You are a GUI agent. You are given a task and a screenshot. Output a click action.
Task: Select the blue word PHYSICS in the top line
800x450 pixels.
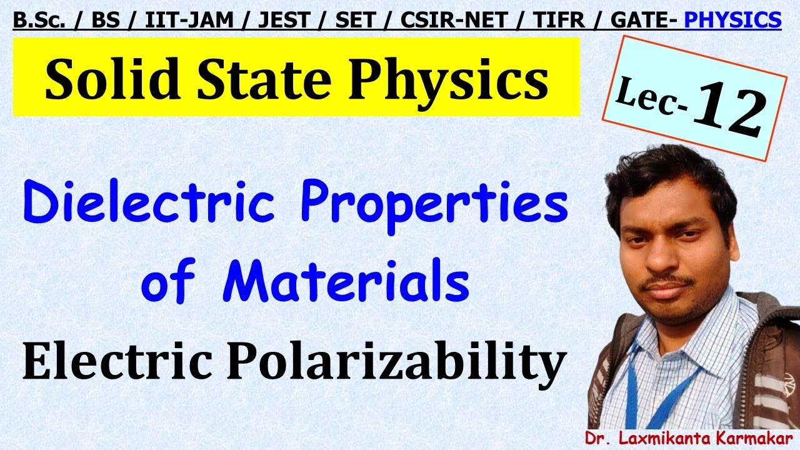point(732,21)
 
